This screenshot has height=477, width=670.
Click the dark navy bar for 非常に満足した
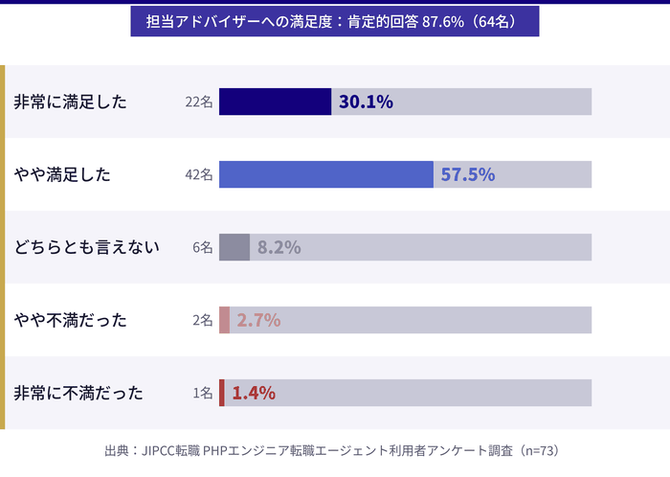click(x=275, y=102)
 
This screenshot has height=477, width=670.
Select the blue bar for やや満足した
click(x=325, y=174)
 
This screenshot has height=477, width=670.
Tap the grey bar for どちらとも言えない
click(x=234, y=247)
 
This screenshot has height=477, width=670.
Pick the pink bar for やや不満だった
click(x=225, y=320)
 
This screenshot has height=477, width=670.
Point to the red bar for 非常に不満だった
click(x=222, y=393)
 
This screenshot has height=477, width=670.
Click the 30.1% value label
click(x=366, y=102)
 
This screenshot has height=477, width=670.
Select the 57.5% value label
click(x=467, y=174)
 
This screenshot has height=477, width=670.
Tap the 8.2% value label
click(x=279, y=247)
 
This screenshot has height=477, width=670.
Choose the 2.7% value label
click(x=258, y=320)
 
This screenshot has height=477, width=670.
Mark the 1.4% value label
click(x=254, y=393)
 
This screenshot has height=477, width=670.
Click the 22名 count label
click(x=199, y=102)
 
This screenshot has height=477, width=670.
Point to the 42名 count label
click(x=199, y=174)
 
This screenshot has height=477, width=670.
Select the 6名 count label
click(x=202, y=247)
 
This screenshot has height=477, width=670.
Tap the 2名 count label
click(x=202, y=320)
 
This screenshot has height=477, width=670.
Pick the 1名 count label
click(x=202, y=393)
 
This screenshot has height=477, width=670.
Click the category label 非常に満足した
click(x=70, y=102)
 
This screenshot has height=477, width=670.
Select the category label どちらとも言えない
click(x=86, y=247)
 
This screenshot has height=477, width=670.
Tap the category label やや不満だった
click(x=70, y=320)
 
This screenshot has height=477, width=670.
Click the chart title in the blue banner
click(x=335, y=21)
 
